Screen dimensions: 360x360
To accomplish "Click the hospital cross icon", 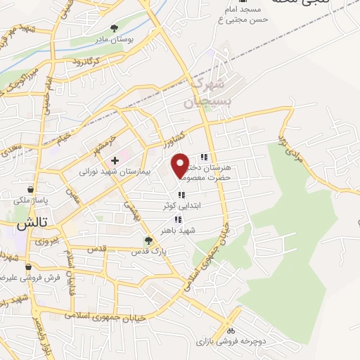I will coord(115,160).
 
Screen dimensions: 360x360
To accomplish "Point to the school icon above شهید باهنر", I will coord(187,219).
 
